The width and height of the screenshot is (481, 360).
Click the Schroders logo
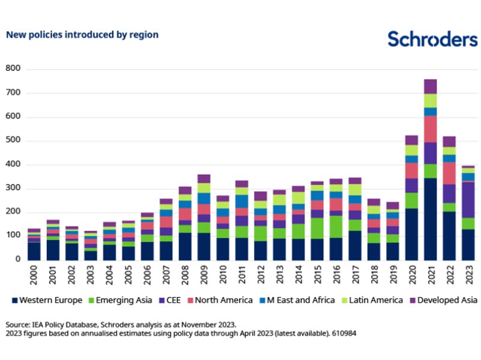[x=432, y=38]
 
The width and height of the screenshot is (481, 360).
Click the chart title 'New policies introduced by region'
[x=82, y=35]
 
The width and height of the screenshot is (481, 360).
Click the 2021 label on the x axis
[x=431, y=276]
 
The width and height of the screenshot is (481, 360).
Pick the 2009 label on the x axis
[x=205, y=276]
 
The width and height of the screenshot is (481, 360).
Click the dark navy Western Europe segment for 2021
[x=430, y=219]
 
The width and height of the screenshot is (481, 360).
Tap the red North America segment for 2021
[x=430, y=129]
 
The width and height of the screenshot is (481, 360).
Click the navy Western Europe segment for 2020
[x=411, y=234]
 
